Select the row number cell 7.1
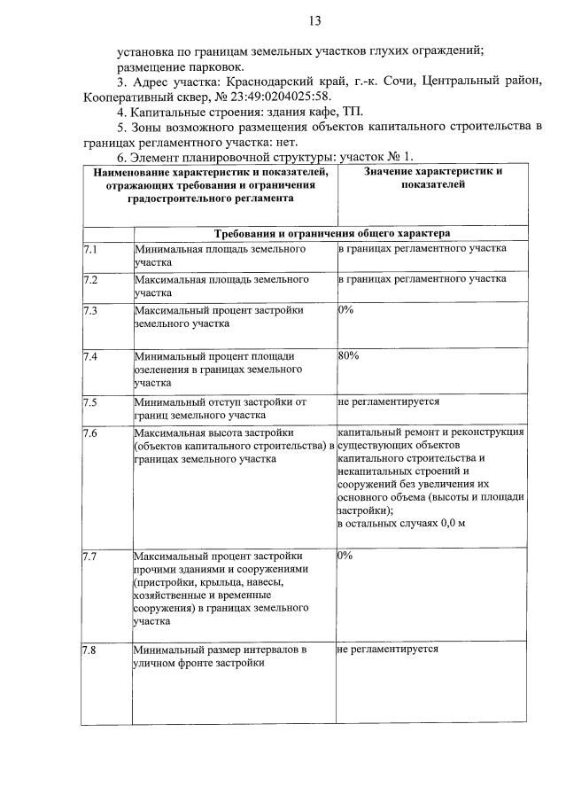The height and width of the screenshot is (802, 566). tap(89, 249)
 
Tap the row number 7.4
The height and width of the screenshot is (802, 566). tap(89, 356)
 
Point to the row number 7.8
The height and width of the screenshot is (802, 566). tap(89, 650)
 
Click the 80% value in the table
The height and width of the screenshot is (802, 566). tap(348, 356)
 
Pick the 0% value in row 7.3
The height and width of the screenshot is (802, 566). tap(345, 311)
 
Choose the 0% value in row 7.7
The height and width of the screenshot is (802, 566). tap(345, 556)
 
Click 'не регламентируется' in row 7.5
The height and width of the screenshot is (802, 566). tap(389, 401)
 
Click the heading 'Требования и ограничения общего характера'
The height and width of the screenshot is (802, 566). tap(332, 233)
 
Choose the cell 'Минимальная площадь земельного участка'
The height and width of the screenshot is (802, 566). tap(221, 256)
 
